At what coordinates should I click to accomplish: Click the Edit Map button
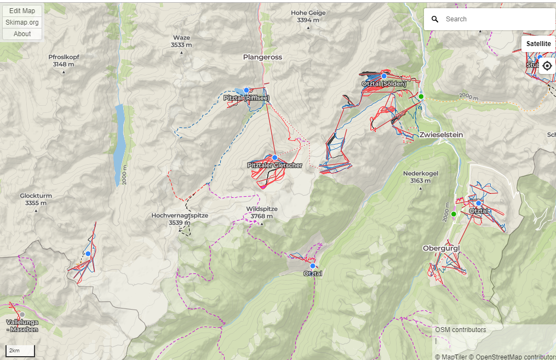22,11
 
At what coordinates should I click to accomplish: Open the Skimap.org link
22,22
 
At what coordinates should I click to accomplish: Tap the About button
22,34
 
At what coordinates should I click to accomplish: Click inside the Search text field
496,19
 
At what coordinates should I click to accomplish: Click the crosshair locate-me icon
547,66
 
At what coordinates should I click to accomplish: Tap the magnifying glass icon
435,19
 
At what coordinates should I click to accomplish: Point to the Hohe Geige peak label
308,16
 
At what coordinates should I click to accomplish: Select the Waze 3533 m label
181,41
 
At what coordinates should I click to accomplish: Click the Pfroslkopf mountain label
64,60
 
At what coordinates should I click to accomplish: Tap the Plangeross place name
262,56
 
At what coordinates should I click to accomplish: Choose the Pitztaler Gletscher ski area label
274,165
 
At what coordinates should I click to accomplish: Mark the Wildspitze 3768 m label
262,213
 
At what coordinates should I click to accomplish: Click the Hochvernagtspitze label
180,219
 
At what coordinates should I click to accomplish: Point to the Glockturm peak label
36,199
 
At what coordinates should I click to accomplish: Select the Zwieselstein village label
442,135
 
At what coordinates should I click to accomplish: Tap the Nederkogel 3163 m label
420,176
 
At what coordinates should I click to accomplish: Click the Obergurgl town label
441,248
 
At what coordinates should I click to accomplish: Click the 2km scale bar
20,351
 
